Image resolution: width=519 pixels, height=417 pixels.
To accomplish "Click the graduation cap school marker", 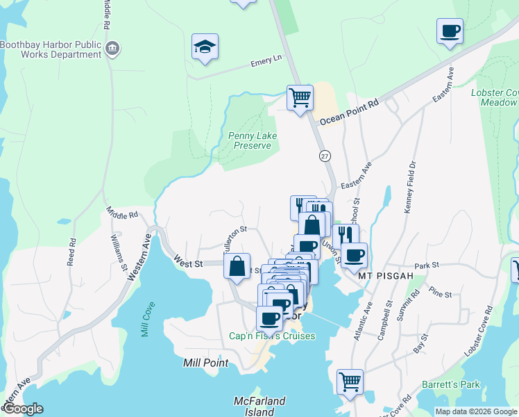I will (205, 47).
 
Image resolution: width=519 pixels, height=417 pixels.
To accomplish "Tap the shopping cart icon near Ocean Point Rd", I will (300, 97).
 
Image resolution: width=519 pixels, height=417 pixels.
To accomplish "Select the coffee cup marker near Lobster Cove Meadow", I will (450, 31).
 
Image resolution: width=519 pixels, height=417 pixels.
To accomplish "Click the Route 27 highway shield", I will (324, 156).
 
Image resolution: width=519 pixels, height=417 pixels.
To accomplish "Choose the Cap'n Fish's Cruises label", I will (272, 336).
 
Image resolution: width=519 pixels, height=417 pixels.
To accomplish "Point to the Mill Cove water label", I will (148, 319).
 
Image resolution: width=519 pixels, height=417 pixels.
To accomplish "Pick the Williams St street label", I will (119, 253).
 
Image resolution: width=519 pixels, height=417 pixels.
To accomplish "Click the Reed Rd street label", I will (71, 252).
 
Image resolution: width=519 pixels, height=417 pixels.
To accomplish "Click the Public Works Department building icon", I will (113, 48).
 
